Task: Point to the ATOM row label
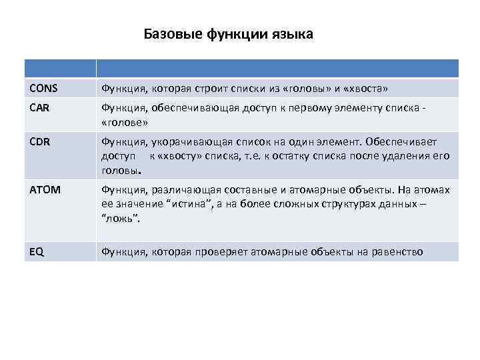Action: (x=45, y=190)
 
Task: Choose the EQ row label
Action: (x=37, y=251)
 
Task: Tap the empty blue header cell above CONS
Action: (x=60, y=68)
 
